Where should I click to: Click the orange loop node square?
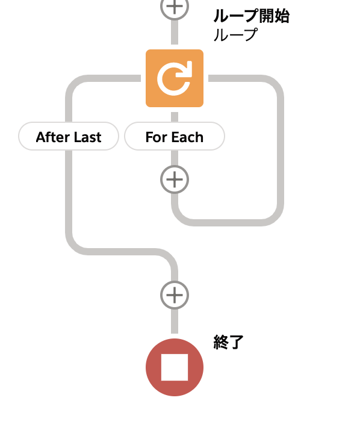(175, 78)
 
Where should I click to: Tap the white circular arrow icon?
(175, 78)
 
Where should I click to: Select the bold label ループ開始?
(251, 16)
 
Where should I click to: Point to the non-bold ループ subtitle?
(235, 34)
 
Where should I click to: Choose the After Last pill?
(69, 136)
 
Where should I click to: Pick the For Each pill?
(175, 136)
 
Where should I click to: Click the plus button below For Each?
(175, 179)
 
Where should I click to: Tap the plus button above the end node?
(175, 295)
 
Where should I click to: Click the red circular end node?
(175, 367)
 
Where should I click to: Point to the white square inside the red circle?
(175, 367)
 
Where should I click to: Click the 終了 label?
(228, 342)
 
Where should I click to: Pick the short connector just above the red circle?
(175, 322)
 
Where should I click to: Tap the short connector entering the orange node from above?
(175, 32)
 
